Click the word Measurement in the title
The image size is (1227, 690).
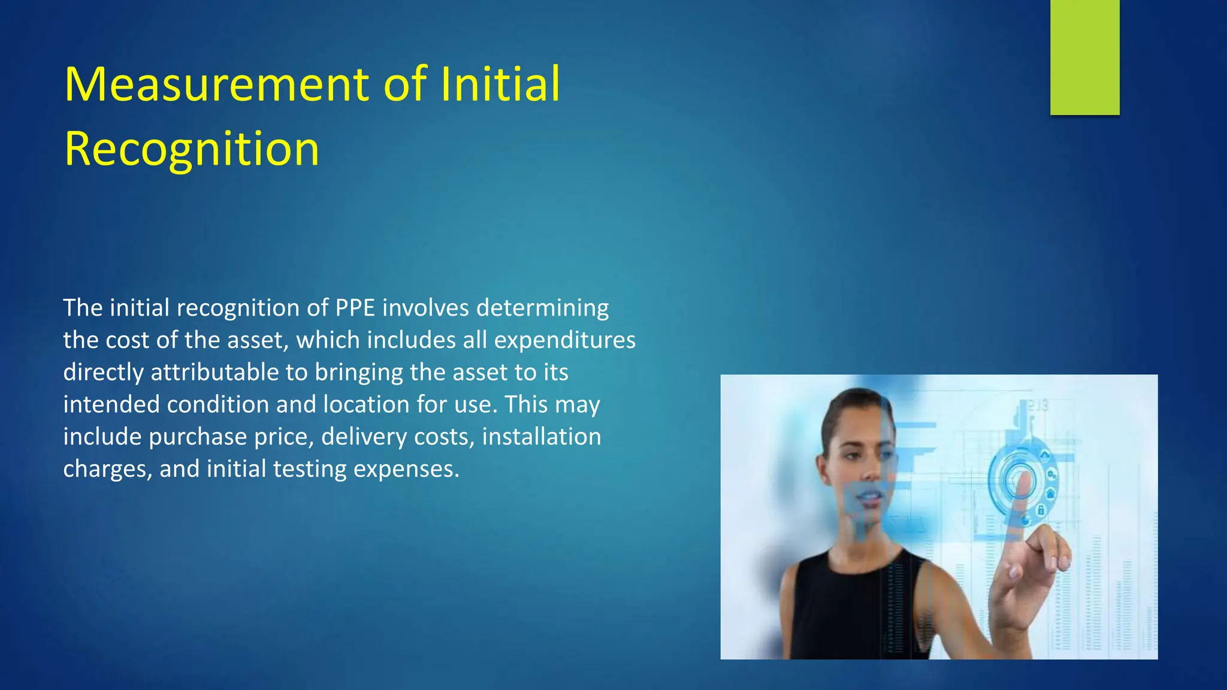tap(219, 84)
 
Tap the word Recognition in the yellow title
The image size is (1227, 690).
tap(192, 149)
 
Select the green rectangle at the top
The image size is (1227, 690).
tap(1084, 57)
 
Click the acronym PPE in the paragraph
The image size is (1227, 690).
tap(355, 308)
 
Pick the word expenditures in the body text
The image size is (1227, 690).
tap(564, 340)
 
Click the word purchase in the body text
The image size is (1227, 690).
tap(198, 437)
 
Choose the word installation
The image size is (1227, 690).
tap(541, 437)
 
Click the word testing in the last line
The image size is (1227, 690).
tap(310, 469)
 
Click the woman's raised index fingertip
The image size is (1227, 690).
tap(1023, 479)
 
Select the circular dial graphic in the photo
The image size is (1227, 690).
tap(1019, 479)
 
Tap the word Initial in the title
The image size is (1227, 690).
tap(500, 84)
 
